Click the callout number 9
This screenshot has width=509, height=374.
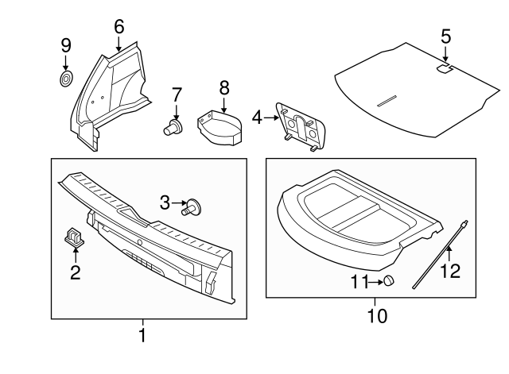[x=67, y=44]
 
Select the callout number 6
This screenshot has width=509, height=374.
[x=119, y=26]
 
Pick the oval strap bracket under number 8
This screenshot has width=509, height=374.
[x=222, y=125]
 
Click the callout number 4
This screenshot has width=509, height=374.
[x=256, y=118]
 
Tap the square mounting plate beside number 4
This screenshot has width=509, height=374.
[x=301, y=125]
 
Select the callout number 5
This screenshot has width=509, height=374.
[x=445, y=36]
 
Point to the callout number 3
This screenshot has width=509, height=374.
[x=165, y=203]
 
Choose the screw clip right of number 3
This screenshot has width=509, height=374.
[x=192, y=208]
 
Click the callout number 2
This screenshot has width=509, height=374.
[x=76, y=273]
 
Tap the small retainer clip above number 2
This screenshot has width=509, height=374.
[x=73, y=235]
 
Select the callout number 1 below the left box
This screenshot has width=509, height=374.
[x=142, y=336]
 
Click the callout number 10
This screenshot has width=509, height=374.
[x=376, y=315]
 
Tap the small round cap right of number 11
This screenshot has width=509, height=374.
[x=390, y=280]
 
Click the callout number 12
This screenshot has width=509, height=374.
[x=450, y=272]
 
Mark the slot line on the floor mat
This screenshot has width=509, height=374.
[x=387, y=100]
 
